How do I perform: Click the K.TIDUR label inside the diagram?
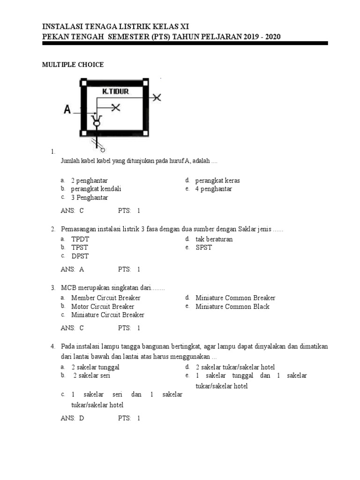pyautogui.click(x=115, y=91)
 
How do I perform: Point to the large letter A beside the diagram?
pyautogui.click(x=67, y=110)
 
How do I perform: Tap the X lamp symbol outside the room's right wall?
pyautogui.click(x=157, y=97)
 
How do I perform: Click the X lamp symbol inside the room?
pyautogui.click(x=116, y=108)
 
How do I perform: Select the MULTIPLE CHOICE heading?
pyautogui.click(x=73, y=65)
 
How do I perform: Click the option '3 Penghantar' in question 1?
pyautogui.click(x=90, y=197)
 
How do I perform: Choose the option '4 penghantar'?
pyautogui.click(x=214, y=189)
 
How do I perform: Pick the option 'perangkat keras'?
pyautogui.click(x=217, y=180)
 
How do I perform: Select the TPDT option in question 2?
pyautogui.click(x=80, y=239)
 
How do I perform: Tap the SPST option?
pyautogui.click(x=204, y=247)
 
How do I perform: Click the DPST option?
pyautogui.click(x=80, y=256)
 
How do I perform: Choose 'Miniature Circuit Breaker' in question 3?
pyautogui.click(x=108, y=315)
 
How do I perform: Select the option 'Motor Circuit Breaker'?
pyautogui.click(x=103, y=307)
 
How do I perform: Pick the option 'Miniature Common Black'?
pyautogui.click(x=232, y=307)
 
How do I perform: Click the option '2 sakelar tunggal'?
pyautogui.click(x=96, y=367)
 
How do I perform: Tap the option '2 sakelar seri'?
pyautogui.click(x=92, y=375)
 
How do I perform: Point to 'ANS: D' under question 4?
pyautogui.click(x=72, y=419)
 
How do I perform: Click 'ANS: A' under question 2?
pyautogui.click(x=72, y=270)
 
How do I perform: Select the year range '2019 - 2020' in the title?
pyautogui.click(x=262, y=37)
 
